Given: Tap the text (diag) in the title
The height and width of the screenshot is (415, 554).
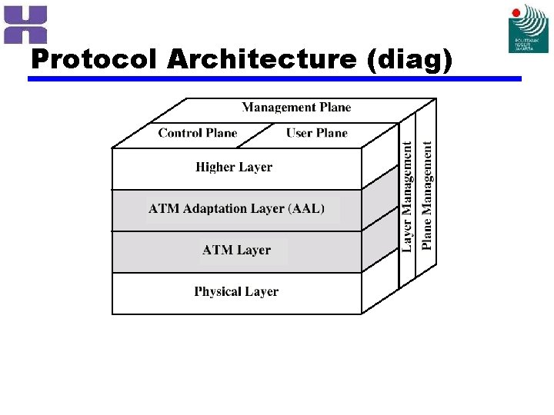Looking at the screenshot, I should [412, 59].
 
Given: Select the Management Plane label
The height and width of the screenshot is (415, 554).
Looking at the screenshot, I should [296, 108].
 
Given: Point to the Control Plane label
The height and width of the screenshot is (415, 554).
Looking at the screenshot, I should [198, 133].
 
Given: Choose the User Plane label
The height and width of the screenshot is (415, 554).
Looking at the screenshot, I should [317, 133].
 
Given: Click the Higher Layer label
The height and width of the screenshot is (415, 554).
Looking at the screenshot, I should [234, 167].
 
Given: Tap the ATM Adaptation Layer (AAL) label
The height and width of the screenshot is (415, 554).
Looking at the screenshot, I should [237, 208].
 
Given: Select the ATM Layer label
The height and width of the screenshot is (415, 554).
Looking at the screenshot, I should [236, 250].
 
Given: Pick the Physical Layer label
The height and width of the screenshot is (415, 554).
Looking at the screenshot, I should [236, 291].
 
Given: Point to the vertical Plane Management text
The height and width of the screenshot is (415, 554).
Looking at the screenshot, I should [427, 195].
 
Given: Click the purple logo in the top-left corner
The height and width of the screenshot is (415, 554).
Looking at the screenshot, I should [25, 24].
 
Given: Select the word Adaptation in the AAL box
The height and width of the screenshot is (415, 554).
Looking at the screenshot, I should [213, 208].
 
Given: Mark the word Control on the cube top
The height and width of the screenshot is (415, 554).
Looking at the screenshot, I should [179, 133].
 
